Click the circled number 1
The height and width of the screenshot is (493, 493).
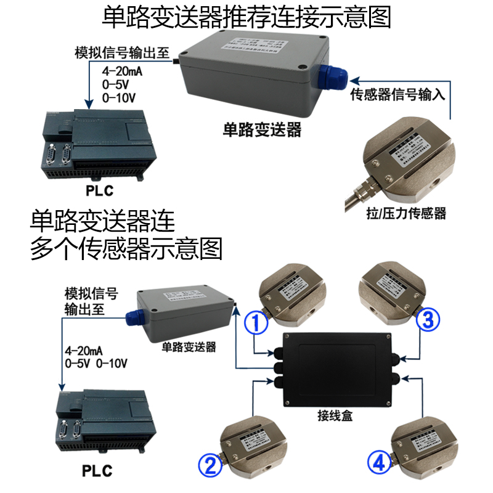[256, 322]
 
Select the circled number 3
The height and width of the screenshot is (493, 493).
[428, 319]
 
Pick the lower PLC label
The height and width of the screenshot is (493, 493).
[97, 471]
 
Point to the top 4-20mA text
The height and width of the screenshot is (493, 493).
[122, 71]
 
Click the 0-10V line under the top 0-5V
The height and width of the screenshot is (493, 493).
[118, 97]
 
